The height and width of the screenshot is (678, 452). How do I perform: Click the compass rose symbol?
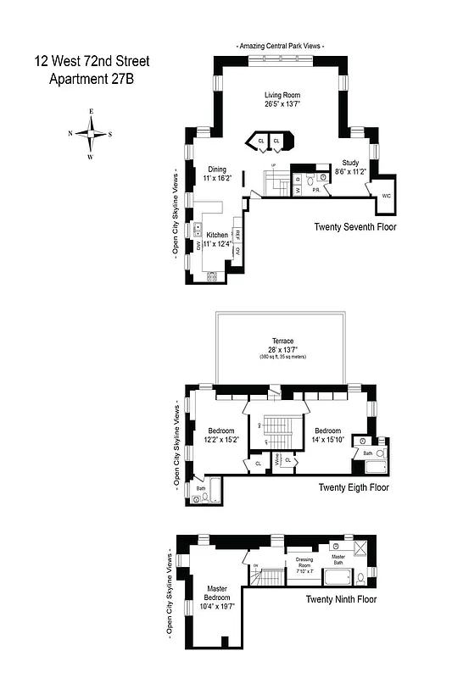coord(91,133)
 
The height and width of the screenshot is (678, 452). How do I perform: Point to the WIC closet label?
coord(387,196)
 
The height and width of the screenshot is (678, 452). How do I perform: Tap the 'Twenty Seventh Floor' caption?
coord(355,227)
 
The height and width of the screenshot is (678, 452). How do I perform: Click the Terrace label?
coord(282,342)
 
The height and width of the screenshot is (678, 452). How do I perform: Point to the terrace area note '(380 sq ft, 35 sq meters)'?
coord(282,356)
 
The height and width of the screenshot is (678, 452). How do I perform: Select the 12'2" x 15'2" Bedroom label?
coord(221,435)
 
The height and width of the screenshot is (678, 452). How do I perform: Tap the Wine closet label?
coord(276,461)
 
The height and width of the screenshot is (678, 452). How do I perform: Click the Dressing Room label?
coord(304,564)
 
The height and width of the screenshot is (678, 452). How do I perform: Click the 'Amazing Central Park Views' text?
coord(280,45)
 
